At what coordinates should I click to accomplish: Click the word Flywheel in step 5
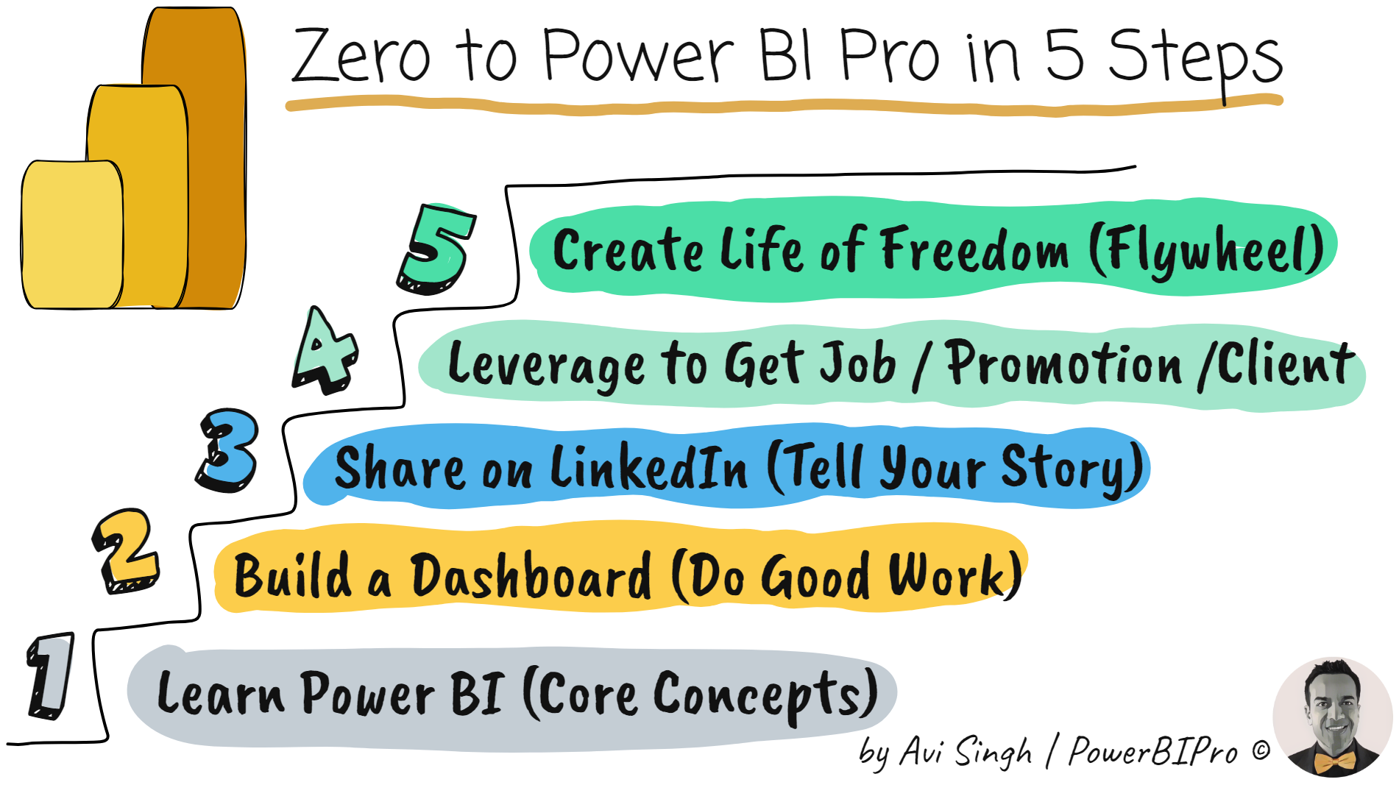click(x=1207, y=252)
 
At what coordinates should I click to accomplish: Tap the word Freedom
click(x=975, y=250)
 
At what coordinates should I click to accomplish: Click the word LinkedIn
click(x=648, y=468)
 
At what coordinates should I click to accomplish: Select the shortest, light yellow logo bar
click(x=72, y=234)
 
